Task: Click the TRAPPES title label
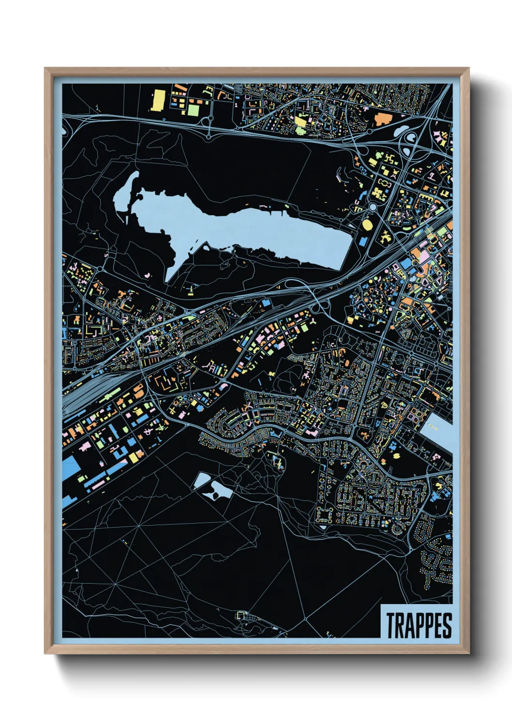pyautogui.click(x=418, y=625)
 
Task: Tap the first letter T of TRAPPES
pyautogui.click(x=390, y=625)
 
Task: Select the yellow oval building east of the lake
pyautogui.click(x=368, y=224)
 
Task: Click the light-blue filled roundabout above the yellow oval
pyautogui.click(x=373, y=207)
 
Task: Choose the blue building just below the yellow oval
pyautogui.click(x=362, y=241)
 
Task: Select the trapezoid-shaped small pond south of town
pyautogui.click(x=202, y=480)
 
